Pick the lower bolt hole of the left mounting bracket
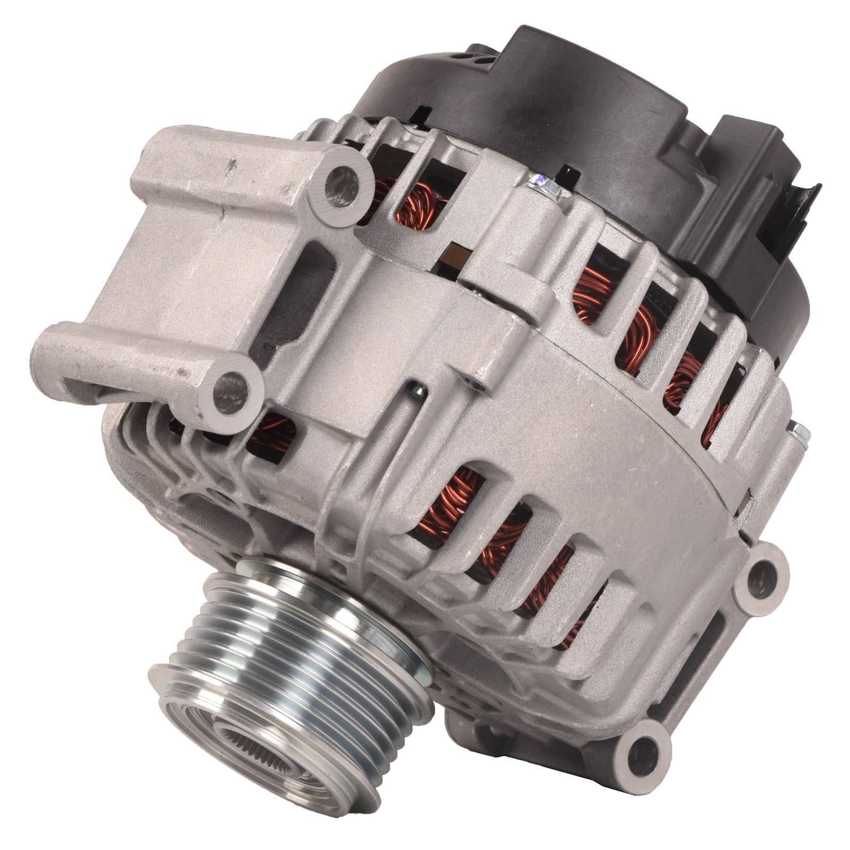232,390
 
